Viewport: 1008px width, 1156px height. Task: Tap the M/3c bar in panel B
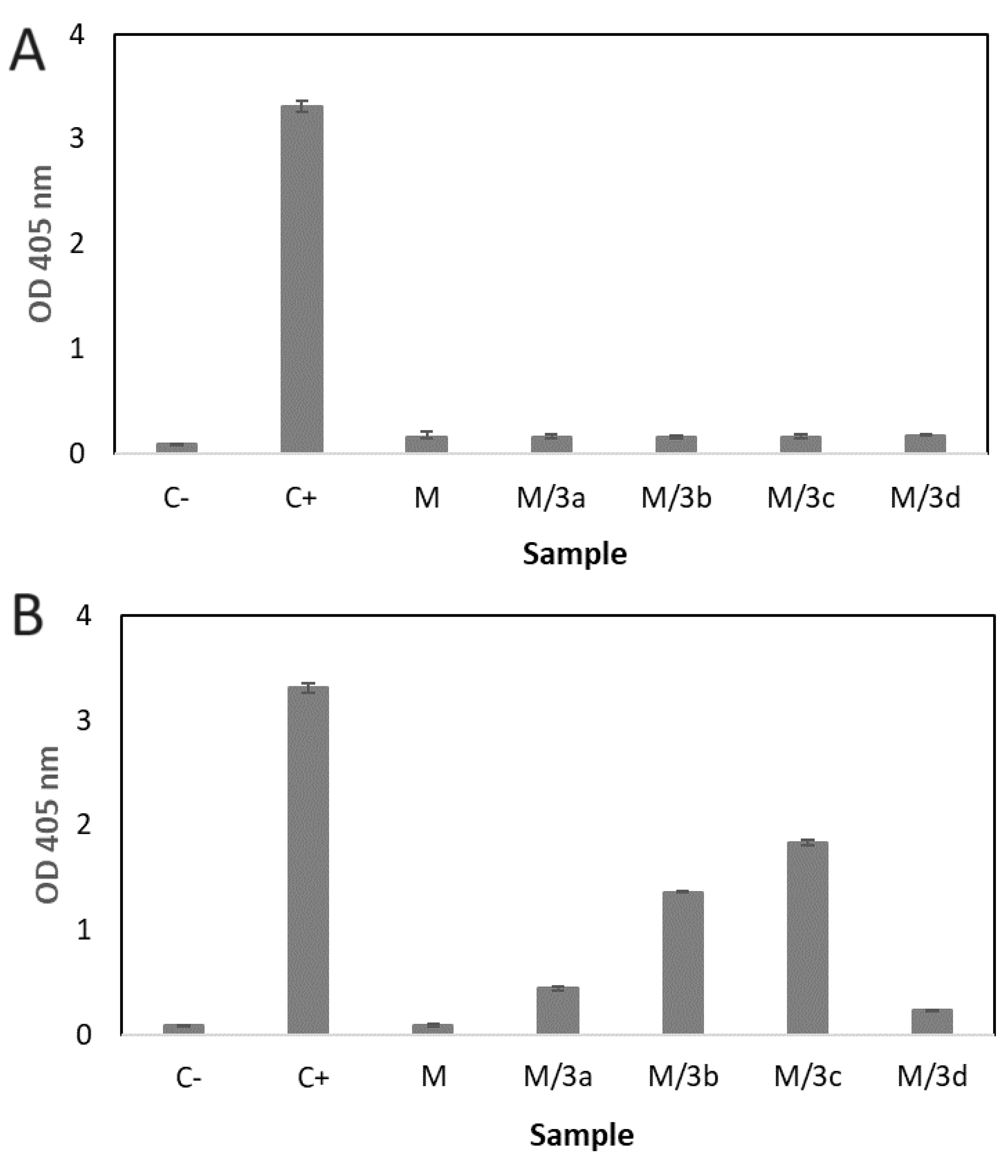807,945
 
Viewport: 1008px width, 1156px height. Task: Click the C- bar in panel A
177,448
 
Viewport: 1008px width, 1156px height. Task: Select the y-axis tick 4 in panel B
83,617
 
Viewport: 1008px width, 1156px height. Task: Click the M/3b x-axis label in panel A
676,498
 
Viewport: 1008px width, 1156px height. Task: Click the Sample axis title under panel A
574,554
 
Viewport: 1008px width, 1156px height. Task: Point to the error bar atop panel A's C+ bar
302,106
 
